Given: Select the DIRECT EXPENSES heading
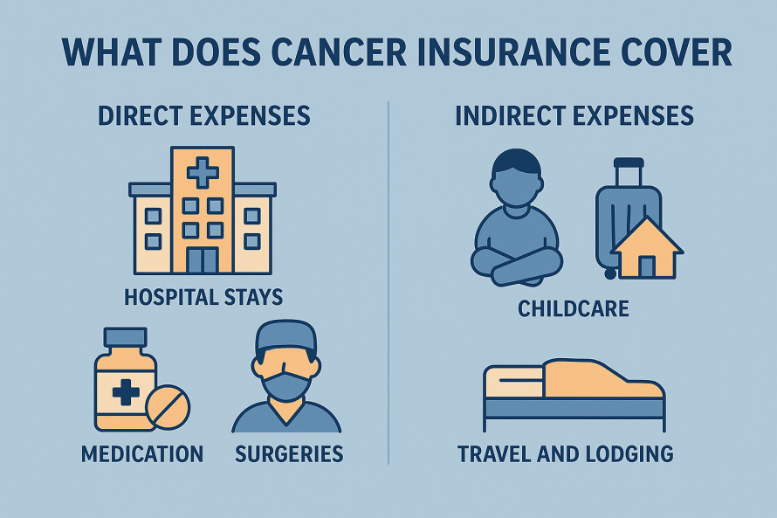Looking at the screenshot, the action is pos(204,115).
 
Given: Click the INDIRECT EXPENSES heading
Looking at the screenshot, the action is pos(574,115).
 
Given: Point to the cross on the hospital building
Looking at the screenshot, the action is pos(203,173).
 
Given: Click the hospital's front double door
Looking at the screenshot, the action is pos(203,260).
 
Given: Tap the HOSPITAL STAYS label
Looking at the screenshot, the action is pos(203,297).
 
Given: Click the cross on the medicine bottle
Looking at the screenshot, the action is pos(126,392).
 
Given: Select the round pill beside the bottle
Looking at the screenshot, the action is pos(168,407).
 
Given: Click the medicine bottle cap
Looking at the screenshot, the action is pos(125,337).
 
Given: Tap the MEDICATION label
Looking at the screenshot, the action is pos(142,454).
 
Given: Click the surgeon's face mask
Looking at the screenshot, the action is pos(287,386).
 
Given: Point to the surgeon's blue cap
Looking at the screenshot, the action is pos(286,336).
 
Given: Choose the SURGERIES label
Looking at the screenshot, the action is pos(289,454).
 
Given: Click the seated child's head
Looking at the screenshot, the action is pos(516,183).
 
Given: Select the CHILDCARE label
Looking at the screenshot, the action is pos(574,309).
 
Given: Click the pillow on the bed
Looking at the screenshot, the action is pos(513,381).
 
